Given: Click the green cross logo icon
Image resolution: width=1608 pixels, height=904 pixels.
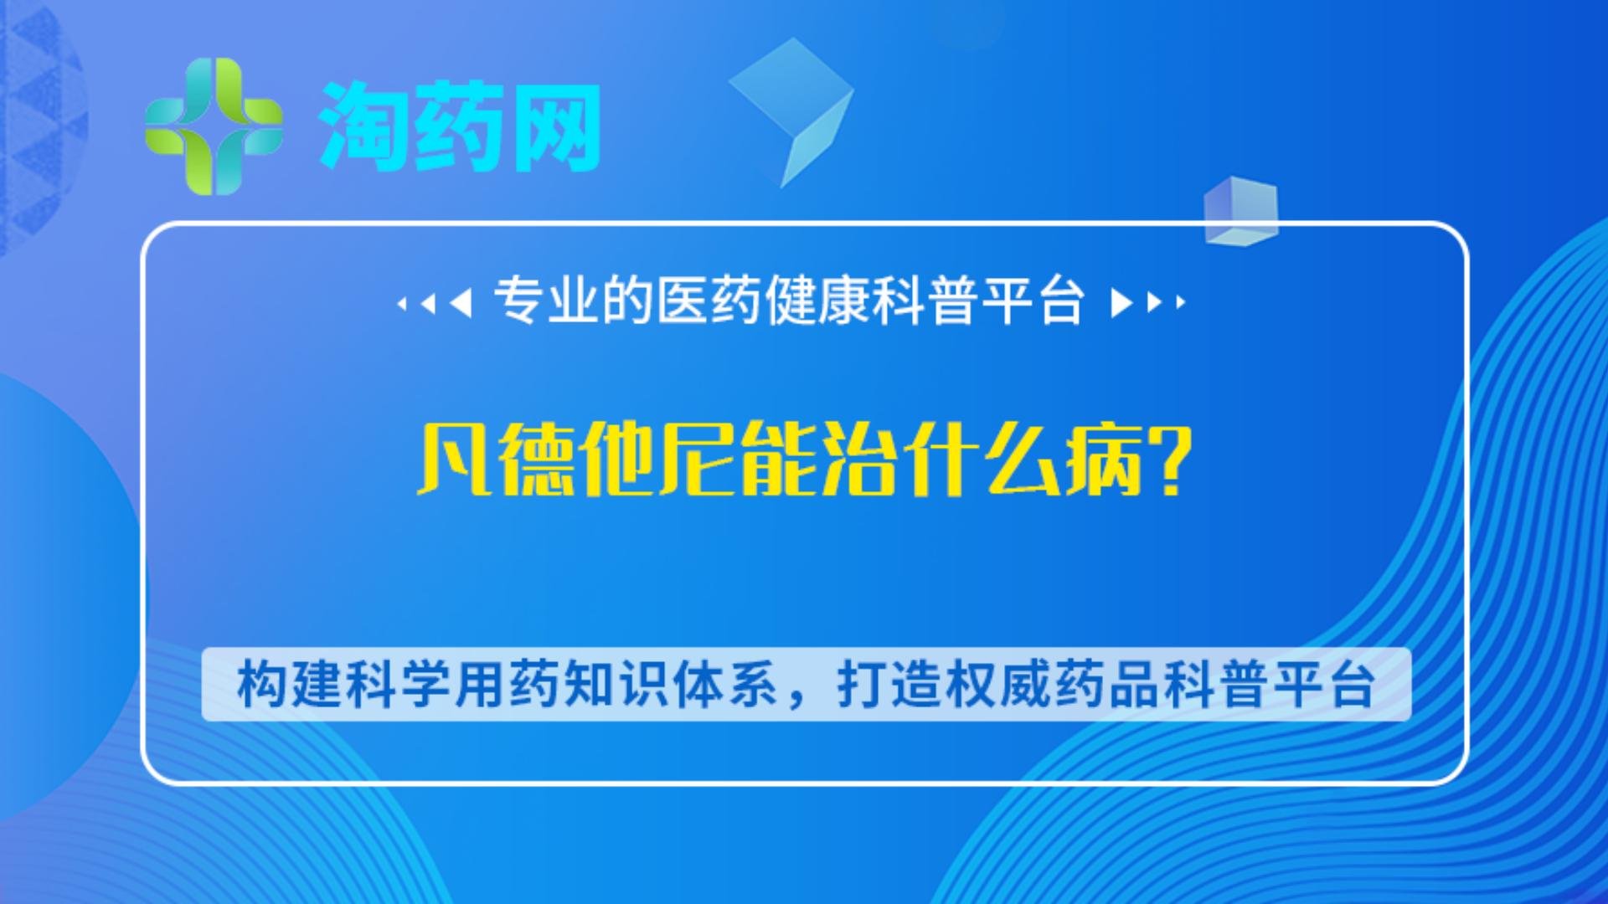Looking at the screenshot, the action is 214,126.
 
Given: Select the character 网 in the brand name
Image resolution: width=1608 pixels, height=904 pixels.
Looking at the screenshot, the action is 555,126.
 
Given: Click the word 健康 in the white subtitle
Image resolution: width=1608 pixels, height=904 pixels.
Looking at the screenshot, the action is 817,300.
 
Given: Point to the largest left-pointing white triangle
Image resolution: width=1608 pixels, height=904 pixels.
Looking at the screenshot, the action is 461,302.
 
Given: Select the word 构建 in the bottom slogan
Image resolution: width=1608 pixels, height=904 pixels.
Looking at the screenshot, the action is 290,685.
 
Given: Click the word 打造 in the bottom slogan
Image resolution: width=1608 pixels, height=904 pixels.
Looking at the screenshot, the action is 889,685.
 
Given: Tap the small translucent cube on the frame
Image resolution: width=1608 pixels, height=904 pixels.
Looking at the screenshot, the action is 1241,211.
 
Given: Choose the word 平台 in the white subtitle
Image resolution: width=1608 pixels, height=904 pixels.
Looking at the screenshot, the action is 1033,300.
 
